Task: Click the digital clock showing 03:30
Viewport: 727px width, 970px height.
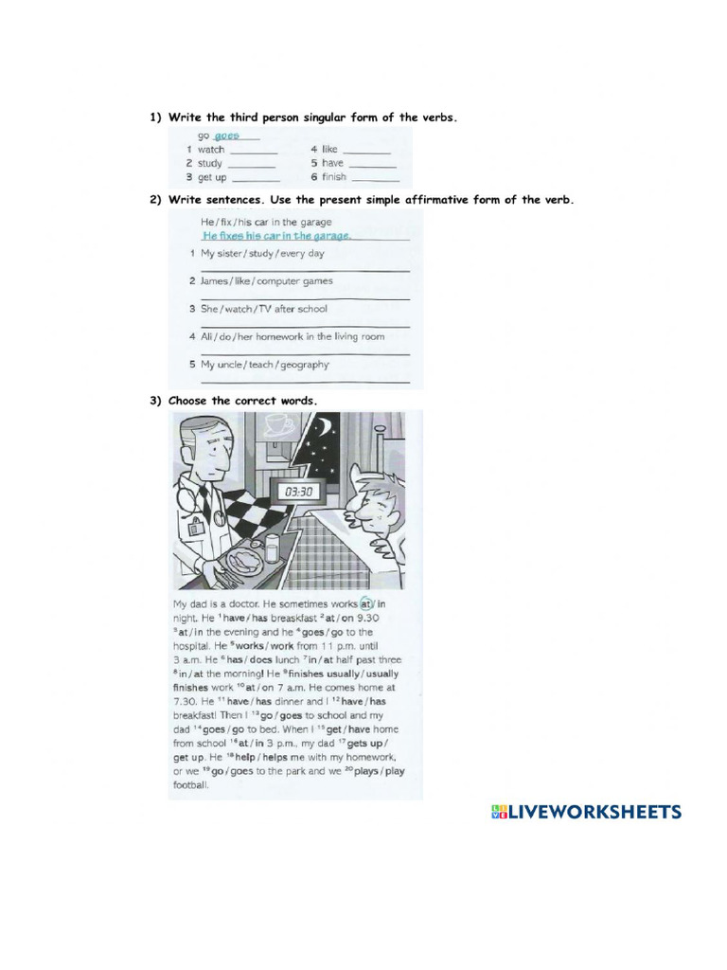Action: point(298,492)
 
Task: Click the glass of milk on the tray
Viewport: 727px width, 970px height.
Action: point(274,548)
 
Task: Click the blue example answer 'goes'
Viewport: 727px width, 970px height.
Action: point(226,135)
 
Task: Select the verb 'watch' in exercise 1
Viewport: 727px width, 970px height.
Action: point(211,150)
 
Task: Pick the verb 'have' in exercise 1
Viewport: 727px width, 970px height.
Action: point(332,163)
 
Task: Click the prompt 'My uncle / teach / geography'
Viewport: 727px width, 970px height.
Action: point(264,364)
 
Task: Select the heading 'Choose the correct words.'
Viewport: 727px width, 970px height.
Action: point(242,401)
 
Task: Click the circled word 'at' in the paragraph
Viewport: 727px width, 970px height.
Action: point(367,603)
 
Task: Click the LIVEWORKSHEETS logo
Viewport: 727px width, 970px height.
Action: point(586,812)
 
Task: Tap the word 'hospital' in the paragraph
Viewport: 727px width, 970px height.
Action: point(195,645)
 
